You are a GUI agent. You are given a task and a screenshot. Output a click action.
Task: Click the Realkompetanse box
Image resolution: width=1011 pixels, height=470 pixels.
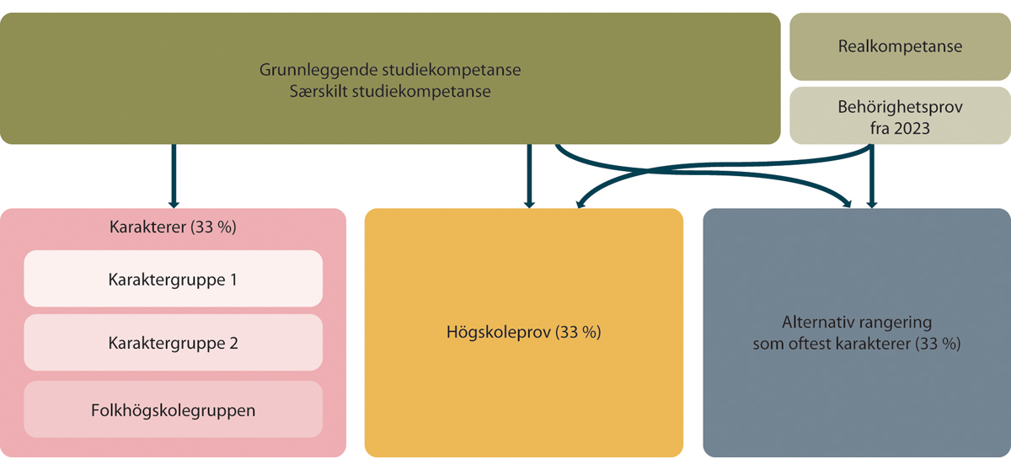(x=900, y=46)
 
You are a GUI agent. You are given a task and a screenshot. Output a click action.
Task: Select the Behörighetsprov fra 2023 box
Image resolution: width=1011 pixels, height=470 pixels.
(x=900, y=116)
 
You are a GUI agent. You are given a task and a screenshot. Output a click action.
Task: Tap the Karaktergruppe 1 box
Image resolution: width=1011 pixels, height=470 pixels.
(x=174, y=279)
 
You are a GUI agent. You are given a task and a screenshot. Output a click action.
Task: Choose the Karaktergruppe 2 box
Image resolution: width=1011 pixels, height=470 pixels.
(x=174, y=342)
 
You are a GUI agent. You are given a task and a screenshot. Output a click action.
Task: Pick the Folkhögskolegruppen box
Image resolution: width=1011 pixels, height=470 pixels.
(x=174, y=409)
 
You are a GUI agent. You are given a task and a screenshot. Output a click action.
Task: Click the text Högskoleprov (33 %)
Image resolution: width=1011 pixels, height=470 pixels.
(x=523, y=333)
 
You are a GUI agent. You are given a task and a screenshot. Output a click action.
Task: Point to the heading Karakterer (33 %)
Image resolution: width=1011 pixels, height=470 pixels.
(x=173, y=227)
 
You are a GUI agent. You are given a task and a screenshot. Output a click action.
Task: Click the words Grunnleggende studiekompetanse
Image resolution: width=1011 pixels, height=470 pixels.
(x=390, y=70)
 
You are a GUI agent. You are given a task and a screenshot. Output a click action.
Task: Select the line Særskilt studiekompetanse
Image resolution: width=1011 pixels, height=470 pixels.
(x=390, y=92)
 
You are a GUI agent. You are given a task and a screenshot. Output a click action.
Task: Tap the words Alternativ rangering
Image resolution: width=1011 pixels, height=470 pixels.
(x=857, y=322)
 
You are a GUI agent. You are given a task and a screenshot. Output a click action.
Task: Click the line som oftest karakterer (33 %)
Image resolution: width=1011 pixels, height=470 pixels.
(x=857, y=344)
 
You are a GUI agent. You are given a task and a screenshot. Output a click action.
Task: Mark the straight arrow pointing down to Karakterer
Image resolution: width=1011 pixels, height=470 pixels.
(x=174, y=176)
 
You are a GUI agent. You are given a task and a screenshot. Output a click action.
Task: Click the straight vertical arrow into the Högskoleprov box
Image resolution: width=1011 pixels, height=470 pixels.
(x=529, y=176)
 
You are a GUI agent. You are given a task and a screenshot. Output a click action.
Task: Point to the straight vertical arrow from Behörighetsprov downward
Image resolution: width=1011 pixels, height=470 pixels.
(x=871, y=176)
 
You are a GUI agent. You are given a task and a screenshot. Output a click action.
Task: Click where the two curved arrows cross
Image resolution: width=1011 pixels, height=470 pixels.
(x=646, y=171)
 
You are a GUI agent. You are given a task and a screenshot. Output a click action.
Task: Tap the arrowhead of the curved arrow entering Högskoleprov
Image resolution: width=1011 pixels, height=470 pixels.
(x=580, y=204)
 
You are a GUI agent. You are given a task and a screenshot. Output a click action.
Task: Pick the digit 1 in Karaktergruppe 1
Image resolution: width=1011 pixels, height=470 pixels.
(x=233, y=280)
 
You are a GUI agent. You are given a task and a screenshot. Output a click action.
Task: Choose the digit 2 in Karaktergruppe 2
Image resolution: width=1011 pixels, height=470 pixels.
(x=234, y=344)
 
